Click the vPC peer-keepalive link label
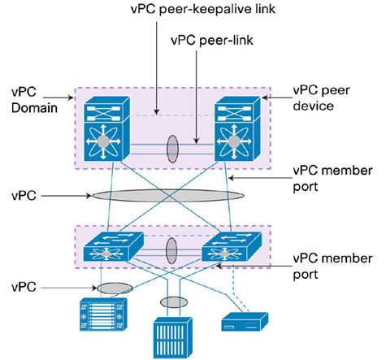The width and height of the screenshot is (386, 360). click(x=203, y=9)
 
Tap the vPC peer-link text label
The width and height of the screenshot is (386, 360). click(x=212, y=41)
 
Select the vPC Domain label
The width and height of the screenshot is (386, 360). click(x=34, y=100)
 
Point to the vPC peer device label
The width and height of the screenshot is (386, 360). click(x=321, y=98)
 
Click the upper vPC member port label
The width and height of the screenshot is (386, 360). click(x=332, y=179)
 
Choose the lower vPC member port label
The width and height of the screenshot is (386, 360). click(x=332, y=267)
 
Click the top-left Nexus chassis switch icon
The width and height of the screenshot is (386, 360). click(x=106, y=128)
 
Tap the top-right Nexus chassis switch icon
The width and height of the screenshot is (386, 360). click(x=237, y=128)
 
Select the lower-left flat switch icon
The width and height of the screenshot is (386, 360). click(x=113, y=246)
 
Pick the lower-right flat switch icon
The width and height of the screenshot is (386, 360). click(x=232, y=246)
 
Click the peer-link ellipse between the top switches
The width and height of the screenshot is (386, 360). click(x=172, y=149)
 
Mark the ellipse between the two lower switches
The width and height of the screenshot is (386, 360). click(x=171, y=251)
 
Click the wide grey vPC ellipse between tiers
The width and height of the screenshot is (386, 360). click(x=168, y=196)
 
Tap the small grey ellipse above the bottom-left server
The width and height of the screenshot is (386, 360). click(x=115, y=288)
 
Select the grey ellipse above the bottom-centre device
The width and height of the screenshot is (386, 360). click(x=174, y=302)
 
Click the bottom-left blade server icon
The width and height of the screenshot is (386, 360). click(x=103, y=314)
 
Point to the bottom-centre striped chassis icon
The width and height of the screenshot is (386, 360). click(x=173, y=338)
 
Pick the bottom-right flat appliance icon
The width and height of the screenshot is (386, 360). click(x=245, y=322)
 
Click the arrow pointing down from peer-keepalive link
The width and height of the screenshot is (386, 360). click(x=157, y=68)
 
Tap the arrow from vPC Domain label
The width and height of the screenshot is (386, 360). click(x=59, y=98)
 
